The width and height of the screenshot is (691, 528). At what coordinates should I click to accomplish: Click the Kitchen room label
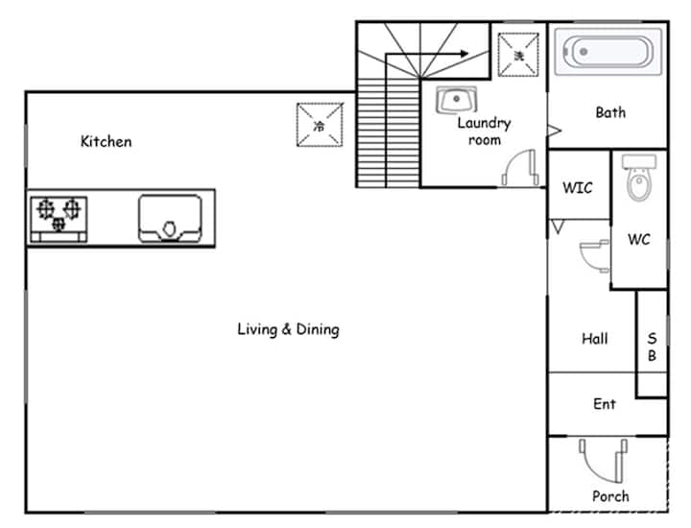[106, 141]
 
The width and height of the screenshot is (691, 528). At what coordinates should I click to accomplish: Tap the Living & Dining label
[288, 329]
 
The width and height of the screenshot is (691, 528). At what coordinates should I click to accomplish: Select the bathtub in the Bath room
[608, 52]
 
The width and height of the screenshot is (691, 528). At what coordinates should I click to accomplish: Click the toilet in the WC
[638, 178]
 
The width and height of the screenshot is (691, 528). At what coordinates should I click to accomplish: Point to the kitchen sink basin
[170, 219]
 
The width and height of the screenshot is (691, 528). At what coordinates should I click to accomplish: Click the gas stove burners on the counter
[59, 219]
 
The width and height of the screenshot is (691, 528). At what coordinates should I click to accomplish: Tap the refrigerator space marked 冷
[320, 125]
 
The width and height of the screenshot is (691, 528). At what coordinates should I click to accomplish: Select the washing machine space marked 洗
[518, 55]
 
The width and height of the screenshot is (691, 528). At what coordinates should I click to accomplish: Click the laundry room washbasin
[457, 100]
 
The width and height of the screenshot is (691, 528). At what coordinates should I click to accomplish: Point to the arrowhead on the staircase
[465, 54]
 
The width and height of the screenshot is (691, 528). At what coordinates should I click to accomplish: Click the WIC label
[578, 188]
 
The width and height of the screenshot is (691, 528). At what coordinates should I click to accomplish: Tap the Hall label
[594, 339]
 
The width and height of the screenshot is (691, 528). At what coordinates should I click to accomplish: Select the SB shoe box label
[653, 347]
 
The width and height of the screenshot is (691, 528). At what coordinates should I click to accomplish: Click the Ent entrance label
[605, 404]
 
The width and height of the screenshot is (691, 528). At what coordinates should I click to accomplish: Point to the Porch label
[610, 496]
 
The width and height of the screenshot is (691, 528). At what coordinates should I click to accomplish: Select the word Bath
[610, 112]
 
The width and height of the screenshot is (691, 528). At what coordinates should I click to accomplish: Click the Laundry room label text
[485, 131]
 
